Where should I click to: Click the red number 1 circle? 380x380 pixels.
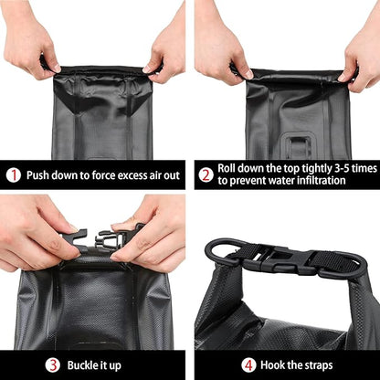coord(14,175)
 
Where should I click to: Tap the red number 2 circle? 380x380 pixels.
coord(206,175)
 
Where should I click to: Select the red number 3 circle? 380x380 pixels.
coord(52,365)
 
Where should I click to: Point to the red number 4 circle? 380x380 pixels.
coord(248,365)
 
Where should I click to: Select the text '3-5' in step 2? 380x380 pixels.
coord(343,168)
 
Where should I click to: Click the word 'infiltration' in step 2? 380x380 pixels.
coord(322,180)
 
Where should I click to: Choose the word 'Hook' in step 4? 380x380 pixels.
coord(271,364)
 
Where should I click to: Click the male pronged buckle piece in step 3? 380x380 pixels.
coord(109,237)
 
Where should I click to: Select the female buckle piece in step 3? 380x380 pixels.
coord(73,239)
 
